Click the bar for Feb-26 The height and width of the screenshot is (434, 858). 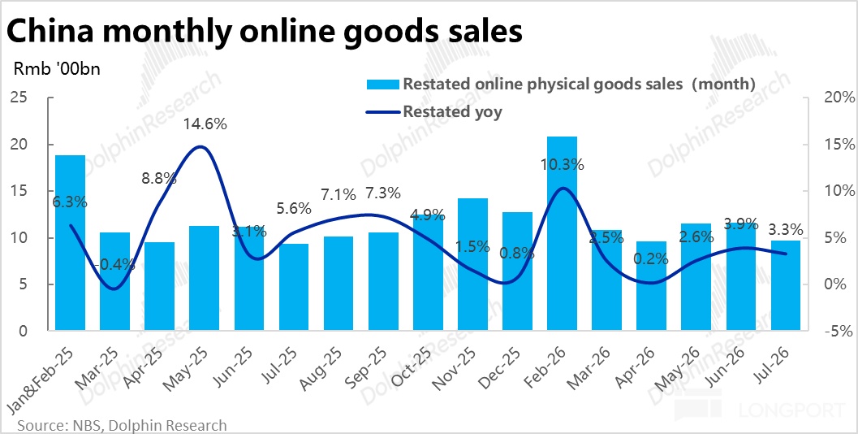point(562,233)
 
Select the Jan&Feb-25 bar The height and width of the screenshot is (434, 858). point(70,243)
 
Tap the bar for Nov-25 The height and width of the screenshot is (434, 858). point(472,264)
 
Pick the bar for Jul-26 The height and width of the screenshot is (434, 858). point(785,285)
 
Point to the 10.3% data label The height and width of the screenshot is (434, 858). point(562,164)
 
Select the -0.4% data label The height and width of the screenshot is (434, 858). point(115,265)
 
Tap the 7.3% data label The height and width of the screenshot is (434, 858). point(383,193)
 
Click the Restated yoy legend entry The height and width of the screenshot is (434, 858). point(433,112)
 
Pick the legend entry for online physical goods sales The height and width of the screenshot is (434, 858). point(561,84)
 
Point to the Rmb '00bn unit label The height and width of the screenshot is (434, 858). point(56,71)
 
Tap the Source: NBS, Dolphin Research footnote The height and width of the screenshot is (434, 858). point(122,425)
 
